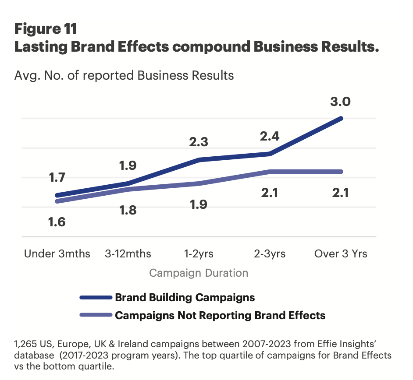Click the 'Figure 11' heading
(46, 29)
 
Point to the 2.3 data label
(198, 142)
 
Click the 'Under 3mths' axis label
(57, 254)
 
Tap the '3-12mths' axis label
(128, 254)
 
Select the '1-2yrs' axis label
(199, 254)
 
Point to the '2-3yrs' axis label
(269, 254)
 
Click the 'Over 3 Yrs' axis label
(341, 254)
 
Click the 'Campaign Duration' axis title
(199, 273)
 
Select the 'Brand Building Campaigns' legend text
(185, 298)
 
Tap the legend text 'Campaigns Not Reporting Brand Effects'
(220, 315)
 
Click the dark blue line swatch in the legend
(96, 298)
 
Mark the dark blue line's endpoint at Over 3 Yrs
(341, 118)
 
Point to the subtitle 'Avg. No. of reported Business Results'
(124, 75)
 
